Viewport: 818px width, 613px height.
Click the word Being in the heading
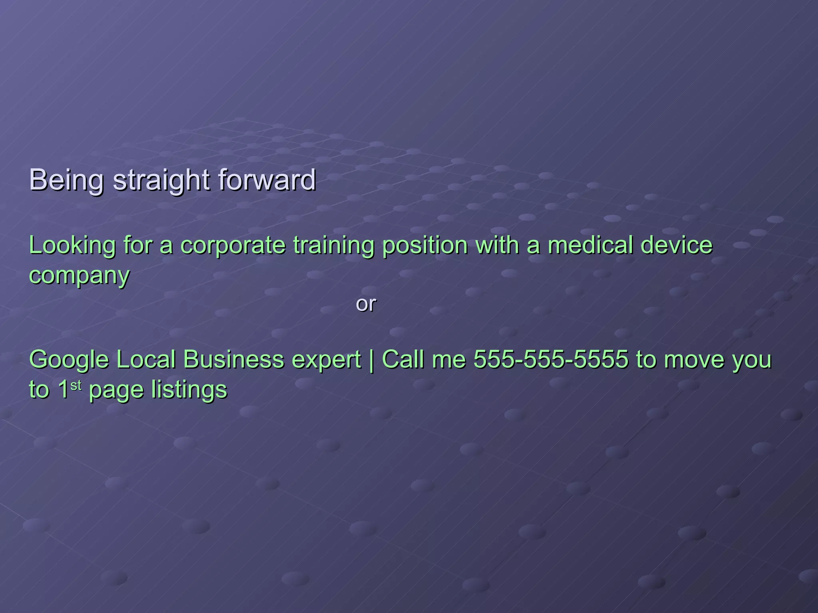click(x=66, y=180)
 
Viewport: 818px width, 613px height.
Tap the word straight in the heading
click(x=161, y=180)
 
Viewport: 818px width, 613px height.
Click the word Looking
click(x=72, y=245)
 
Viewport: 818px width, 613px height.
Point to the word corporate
click(x=233, y=245)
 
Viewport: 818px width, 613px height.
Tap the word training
click(x=334, y=245)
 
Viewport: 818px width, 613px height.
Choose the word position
click(x=425, y=245)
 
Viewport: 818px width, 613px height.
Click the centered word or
click(x=366, y=304)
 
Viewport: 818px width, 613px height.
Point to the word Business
click(x=232, y=359)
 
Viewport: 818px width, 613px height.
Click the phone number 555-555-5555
click(x=551, y=359)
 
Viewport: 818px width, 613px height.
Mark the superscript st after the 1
click(x=76, y=386)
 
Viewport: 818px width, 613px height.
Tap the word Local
click(x=146, y=359)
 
